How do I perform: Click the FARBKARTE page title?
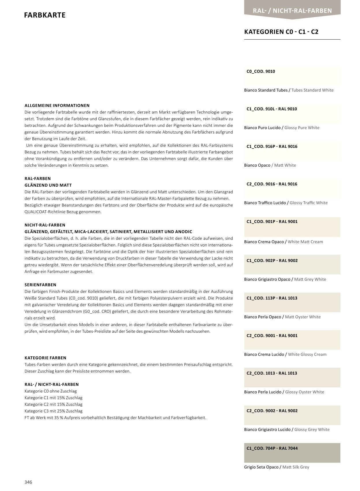45,15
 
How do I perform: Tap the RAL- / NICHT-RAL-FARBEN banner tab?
292,11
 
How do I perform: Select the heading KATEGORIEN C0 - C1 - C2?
281,32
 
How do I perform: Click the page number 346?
28,482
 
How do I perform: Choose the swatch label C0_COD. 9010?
261,71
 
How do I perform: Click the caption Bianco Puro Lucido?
262,128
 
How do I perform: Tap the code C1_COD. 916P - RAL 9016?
272,146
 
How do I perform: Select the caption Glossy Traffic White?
309,203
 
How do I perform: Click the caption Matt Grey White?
310,279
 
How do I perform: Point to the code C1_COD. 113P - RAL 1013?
272,298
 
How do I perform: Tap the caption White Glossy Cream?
307,354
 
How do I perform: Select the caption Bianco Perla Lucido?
263,392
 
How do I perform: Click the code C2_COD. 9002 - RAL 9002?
272,411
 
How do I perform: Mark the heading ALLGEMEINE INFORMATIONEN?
57,105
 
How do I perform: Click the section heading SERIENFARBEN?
40,285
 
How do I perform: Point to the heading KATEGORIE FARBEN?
45,358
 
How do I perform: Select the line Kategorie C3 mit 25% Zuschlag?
53,411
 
